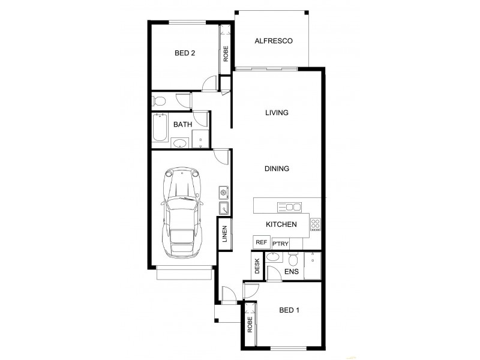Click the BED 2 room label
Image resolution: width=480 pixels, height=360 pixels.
[185, 53]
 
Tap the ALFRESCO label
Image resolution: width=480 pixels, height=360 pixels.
[273, 41]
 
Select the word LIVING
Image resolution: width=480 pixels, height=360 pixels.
[277, 113]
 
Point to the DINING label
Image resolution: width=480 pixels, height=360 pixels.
[277, 169]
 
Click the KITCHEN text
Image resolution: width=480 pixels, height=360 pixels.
[281, 224]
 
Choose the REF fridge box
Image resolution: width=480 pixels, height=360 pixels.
[261, 242]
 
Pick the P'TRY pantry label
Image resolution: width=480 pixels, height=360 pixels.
[280, 243]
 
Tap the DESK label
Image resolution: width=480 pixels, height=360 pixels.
[257, 266]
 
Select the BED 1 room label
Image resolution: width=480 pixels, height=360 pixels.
[290, 310]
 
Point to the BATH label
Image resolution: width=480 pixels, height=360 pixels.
[182, 125]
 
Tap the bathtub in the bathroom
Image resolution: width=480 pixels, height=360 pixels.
[159, 127]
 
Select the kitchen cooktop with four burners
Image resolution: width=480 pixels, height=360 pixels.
[315, 224]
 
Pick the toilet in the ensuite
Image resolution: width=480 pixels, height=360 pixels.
[293, 260]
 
